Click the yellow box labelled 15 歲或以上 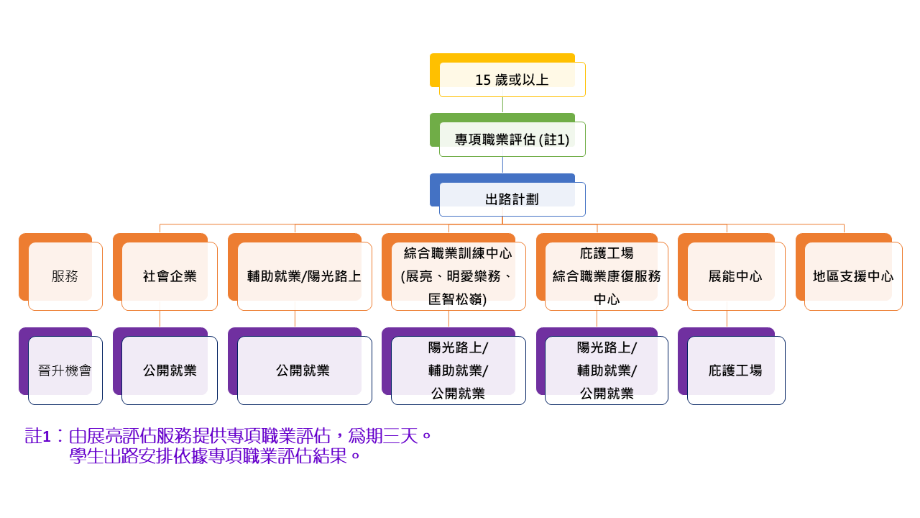(512, 79)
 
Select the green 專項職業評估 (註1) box (512, 139)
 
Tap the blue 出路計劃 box (512, 199)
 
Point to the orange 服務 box (65, 276)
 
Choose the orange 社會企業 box (170, 276)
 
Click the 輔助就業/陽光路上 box (304, 276)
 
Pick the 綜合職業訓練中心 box (458, 276)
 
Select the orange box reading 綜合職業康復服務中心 (607, 276)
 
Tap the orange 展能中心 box (735, 276)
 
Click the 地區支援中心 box (853, 276)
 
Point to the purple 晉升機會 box (65, 371)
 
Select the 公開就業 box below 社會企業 (170, 371)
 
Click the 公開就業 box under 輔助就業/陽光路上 (304, 371)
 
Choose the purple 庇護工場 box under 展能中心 (735, 371)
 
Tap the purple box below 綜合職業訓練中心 (458, 371)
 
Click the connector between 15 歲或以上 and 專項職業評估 (502, 105)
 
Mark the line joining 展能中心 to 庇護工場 (727, 319)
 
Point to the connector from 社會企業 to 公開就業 (160, 319)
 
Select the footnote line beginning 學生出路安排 (215, 456)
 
